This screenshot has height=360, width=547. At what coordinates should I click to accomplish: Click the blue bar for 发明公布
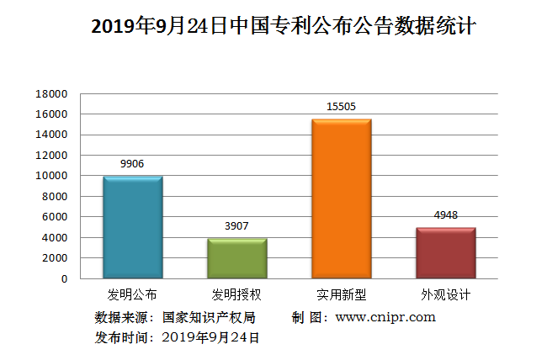[133, 227]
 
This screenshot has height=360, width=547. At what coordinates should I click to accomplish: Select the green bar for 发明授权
[237, 258]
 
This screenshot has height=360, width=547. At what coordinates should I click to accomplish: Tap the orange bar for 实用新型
[342, 199]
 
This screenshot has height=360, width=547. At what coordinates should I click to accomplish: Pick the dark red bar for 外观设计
[446, 252]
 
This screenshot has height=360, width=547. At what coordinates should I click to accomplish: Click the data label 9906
[132, 164]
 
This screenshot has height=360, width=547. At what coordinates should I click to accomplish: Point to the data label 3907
[236, 226]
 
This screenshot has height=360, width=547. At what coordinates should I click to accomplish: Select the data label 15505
[341, 107]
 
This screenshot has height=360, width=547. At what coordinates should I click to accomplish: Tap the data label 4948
[445, 215]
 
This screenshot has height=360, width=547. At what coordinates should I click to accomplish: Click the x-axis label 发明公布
[132, 295]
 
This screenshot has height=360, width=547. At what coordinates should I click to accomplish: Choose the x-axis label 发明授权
[236, 295]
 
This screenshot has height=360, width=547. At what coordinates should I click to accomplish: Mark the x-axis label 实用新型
[341, 295]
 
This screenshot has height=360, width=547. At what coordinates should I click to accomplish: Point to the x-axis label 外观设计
[445, 295]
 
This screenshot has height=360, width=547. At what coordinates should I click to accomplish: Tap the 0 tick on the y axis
[64, 278]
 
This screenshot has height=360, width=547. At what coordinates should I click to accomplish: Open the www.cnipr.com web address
[385, 317]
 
